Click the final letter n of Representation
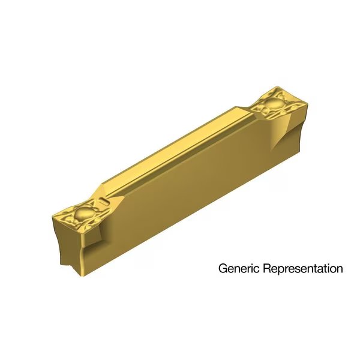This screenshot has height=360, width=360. (x=340, y=269)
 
